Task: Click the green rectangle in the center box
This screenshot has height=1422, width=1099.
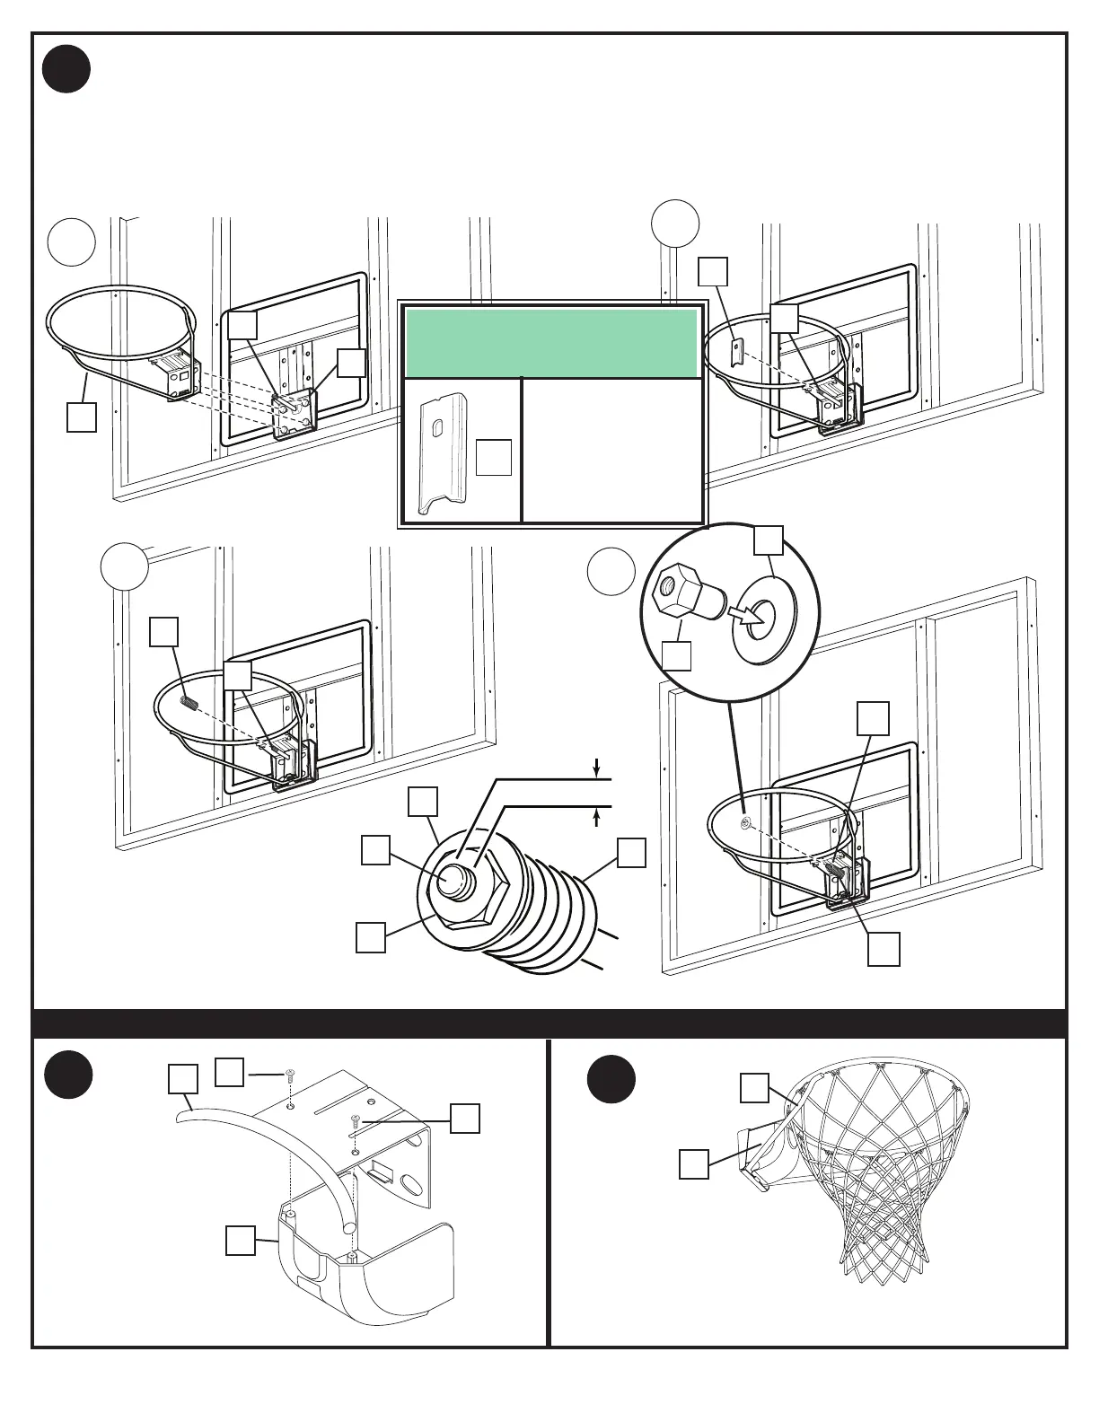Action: [x=551, y=344]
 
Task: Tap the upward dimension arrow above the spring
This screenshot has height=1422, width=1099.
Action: [x=596, y=818]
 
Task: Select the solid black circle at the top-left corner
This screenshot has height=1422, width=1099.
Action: [x=66, y=68]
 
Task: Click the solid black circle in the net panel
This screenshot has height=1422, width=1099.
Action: [x=611, y=1080]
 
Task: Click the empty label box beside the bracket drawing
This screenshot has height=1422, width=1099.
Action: [x=494, y=457]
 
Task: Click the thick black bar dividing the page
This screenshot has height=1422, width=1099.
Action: [x=549, y=1023]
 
